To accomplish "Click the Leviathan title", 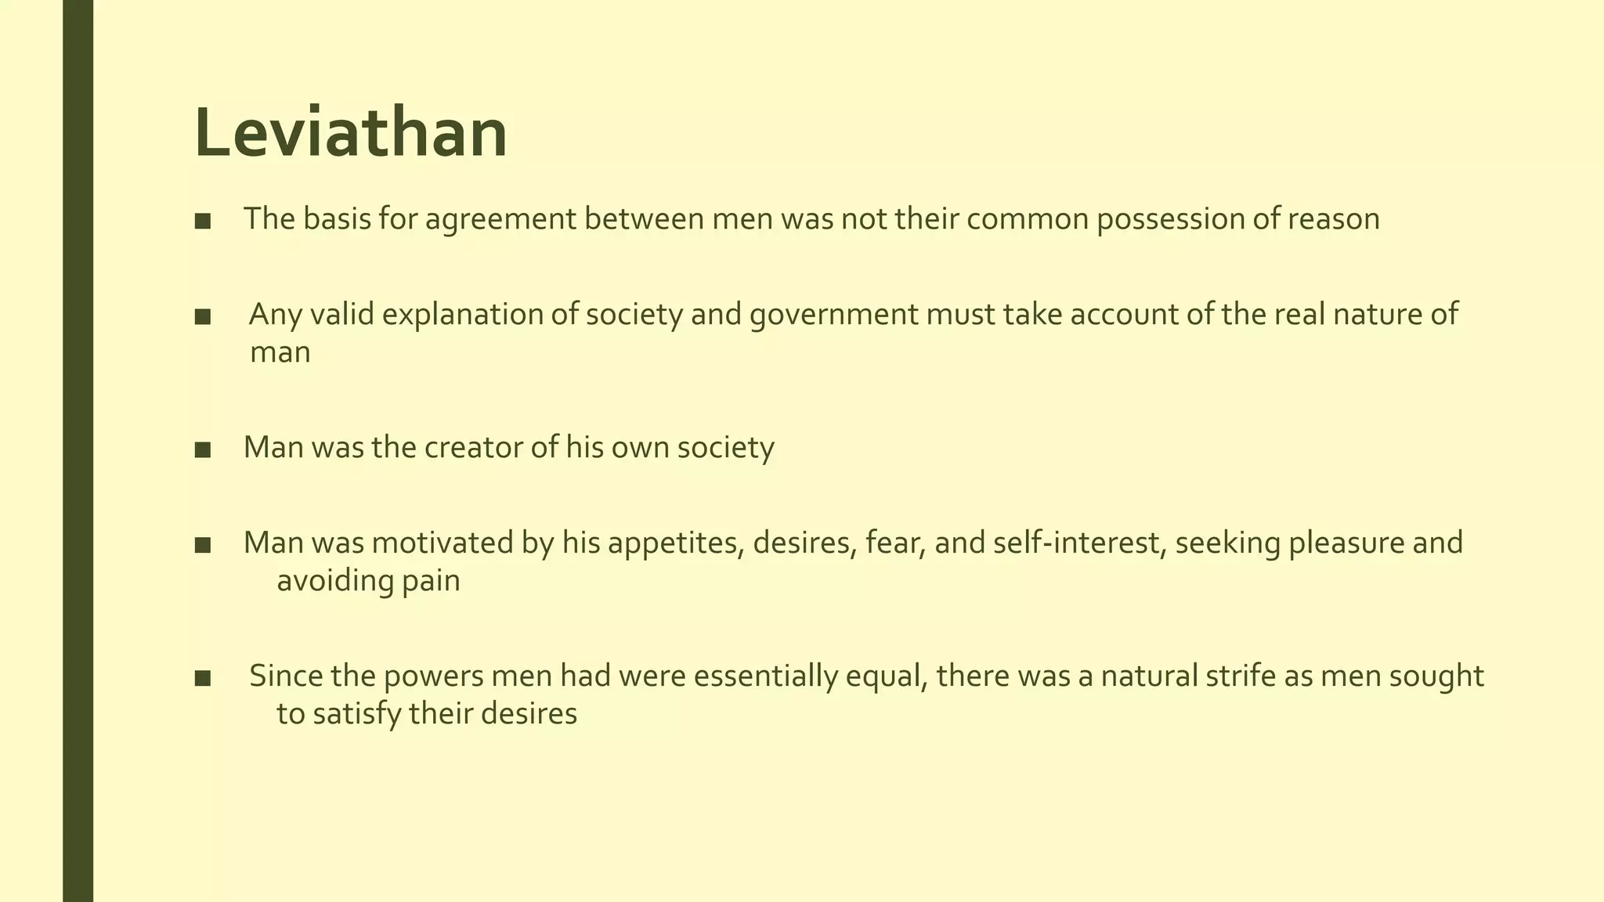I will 350,133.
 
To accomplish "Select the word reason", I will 1334,220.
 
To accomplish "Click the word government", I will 833,315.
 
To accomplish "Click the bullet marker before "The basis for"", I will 203,222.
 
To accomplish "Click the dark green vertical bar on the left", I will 78,451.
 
